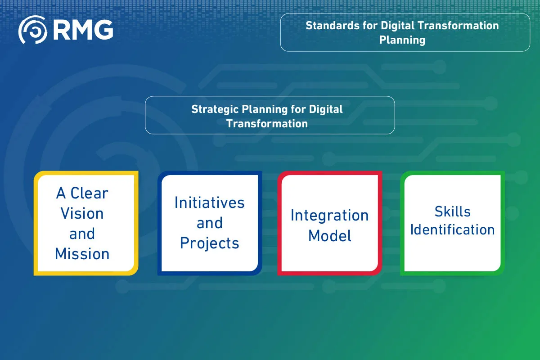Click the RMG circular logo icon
(33, 30)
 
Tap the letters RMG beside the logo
(83, 30)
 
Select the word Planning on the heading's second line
(402, 40)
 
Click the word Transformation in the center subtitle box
(267, 123)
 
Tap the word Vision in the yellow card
(82, 213)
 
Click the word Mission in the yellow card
(82, 254)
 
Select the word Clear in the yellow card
(89, 193)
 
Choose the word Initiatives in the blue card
(209, 202)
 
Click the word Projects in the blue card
(209, 243)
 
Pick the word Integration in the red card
(329, 215)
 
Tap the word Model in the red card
(329, 235)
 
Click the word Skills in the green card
(452, 211)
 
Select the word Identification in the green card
(452, 229)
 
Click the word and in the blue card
(209, 223)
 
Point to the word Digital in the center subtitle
(326, 109)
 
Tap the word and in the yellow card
(82, 234)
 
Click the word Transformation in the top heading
(459, 26)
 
